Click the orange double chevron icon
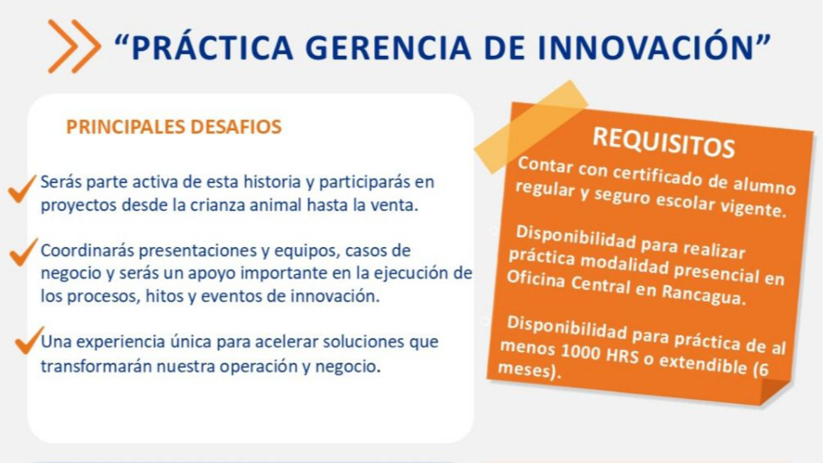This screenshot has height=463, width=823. [x=74, y=46]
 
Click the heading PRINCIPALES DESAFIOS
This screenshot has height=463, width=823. [x=174, y=127]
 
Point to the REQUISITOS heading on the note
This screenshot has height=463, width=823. [x=664, y=142]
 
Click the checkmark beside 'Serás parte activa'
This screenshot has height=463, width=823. [x=22, y=189]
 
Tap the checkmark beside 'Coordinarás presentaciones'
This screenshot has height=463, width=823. [x=23, y=252]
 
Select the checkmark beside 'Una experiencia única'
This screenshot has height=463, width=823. [x=29, y=340]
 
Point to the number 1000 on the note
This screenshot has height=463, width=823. [x=580, y=352]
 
